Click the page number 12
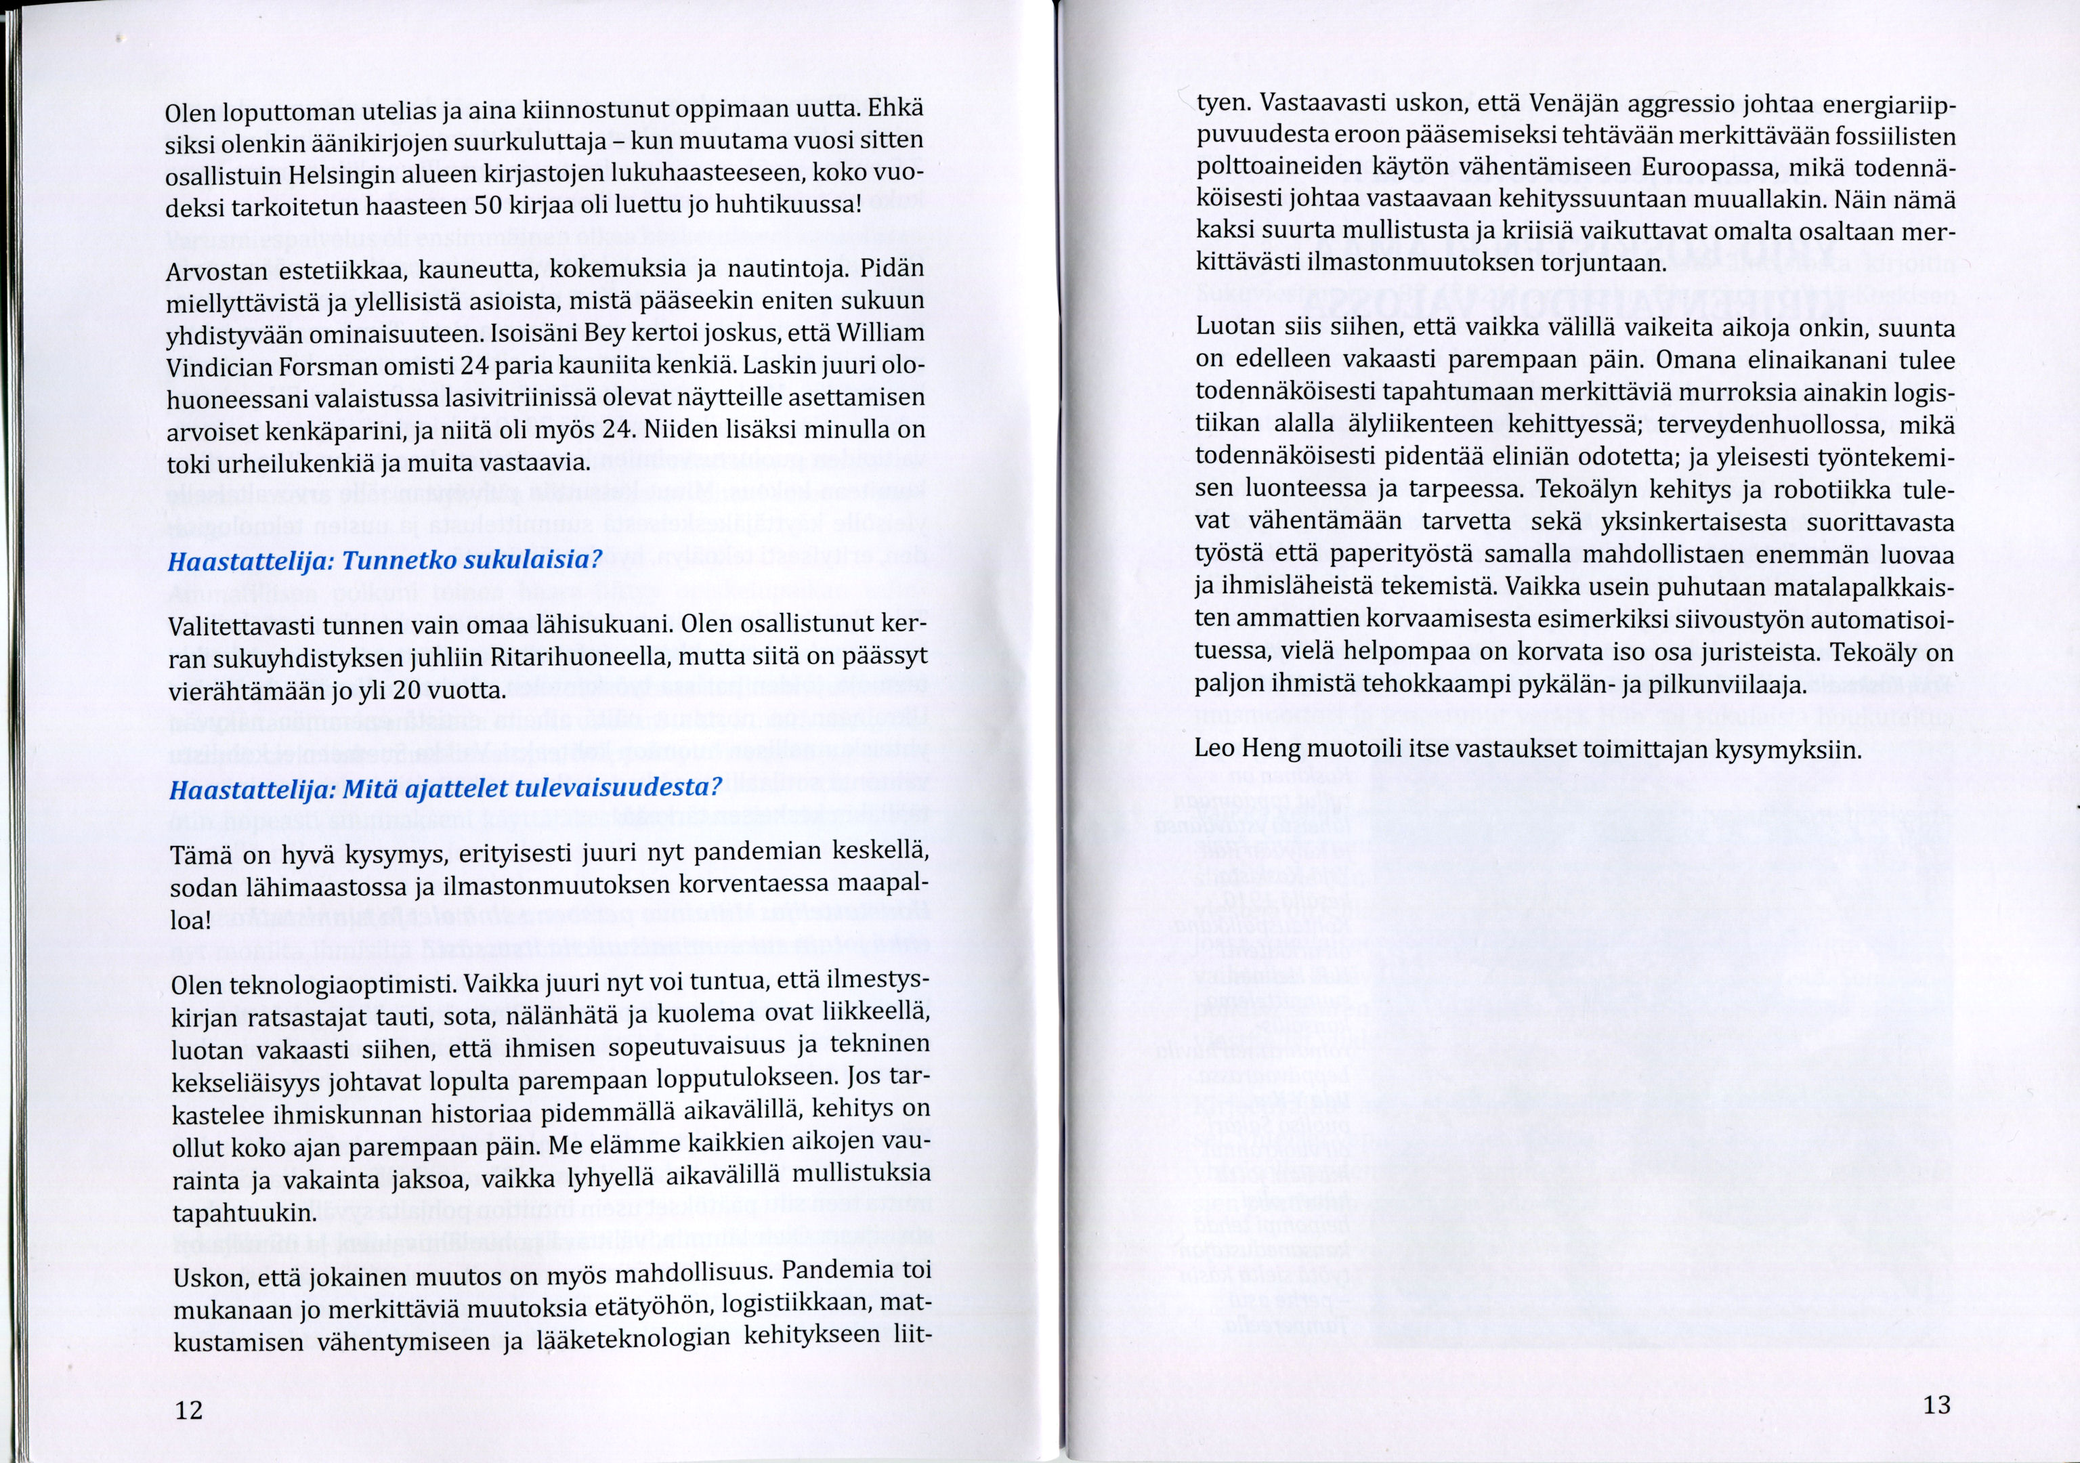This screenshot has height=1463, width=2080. (x=190, y=1409)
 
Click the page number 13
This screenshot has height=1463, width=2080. (x=1936, y=1405)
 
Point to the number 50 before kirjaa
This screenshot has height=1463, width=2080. (x=488, y=206)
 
